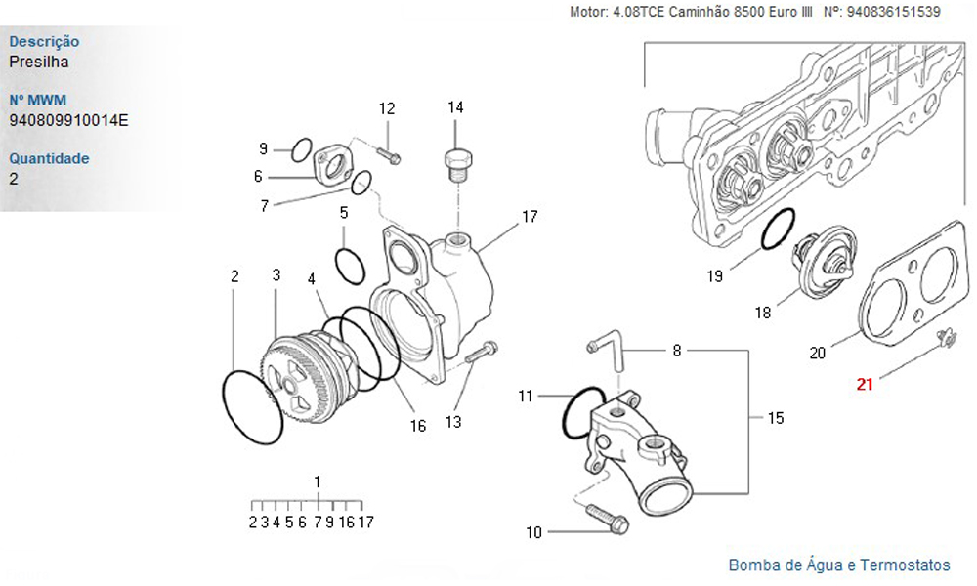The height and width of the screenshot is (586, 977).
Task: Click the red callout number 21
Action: click(865, 384)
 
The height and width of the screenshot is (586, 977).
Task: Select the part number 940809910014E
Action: click(68, 120)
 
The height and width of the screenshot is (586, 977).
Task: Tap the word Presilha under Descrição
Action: click(38, 62)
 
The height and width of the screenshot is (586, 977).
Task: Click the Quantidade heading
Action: click(49, 158)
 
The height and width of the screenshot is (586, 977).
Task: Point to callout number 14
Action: click(455, 107)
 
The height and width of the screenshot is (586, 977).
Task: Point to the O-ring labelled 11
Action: click(584, 413)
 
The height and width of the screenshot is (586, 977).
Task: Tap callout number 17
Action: click(530, 217)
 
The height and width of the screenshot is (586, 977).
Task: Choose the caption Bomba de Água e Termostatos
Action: click(838, 565)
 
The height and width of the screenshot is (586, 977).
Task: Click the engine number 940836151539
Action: click(893, 13)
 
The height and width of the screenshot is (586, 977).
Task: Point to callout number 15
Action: click(776, 418)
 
